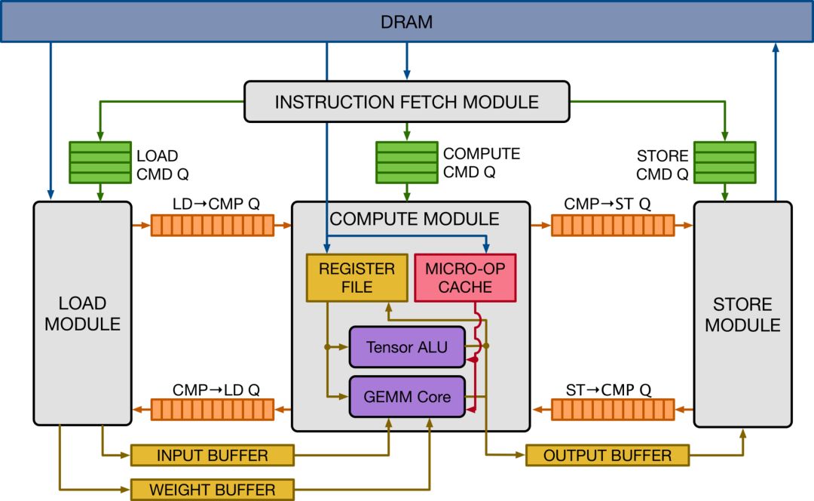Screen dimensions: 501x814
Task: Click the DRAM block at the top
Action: click(x=407, y=21)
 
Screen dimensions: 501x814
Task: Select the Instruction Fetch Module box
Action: click(x=406, y=102)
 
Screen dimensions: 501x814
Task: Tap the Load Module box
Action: click(x=82, y=313)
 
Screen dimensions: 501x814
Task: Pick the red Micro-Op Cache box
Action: click(x=465, y=278)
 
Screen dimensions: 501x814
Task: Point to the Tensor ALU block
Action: click(x=407, y=347)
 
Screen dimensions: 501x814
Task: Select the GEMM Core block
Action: click(x=407, y=396)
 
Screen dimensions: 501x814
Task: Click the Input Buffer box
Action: click(x=212, y=456)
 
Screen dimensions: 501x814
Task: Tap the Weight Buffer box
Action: click(x=212, y=489)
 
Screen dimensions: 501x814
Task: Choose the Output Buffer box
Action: click(x=607, y=456)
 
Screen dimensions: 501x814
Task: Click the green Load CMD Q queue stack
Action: click(x=99, y=162)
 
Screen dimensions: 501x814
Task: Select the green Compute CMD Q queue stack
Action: click(x=406, y=162)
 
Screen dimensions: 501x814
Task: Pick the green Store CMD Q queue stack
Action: click(x=724, y=162)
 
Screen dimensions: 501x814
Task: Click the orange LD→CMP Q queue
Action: click(x=212, y=225)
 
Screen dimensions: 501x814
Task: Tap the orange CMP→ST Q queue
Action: click(x=612, y=225)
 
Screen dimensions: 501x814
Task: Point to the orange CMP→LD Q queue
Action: click(x=212, y=410)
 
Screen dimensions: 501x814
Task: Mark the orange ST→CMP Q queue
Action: click(x=612, y=410)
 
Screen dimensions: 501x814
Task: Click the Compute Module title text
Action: click(x=415, y=220)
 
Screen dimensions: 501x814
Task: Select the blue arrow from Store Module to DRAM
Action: click(x=776, y=121)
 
